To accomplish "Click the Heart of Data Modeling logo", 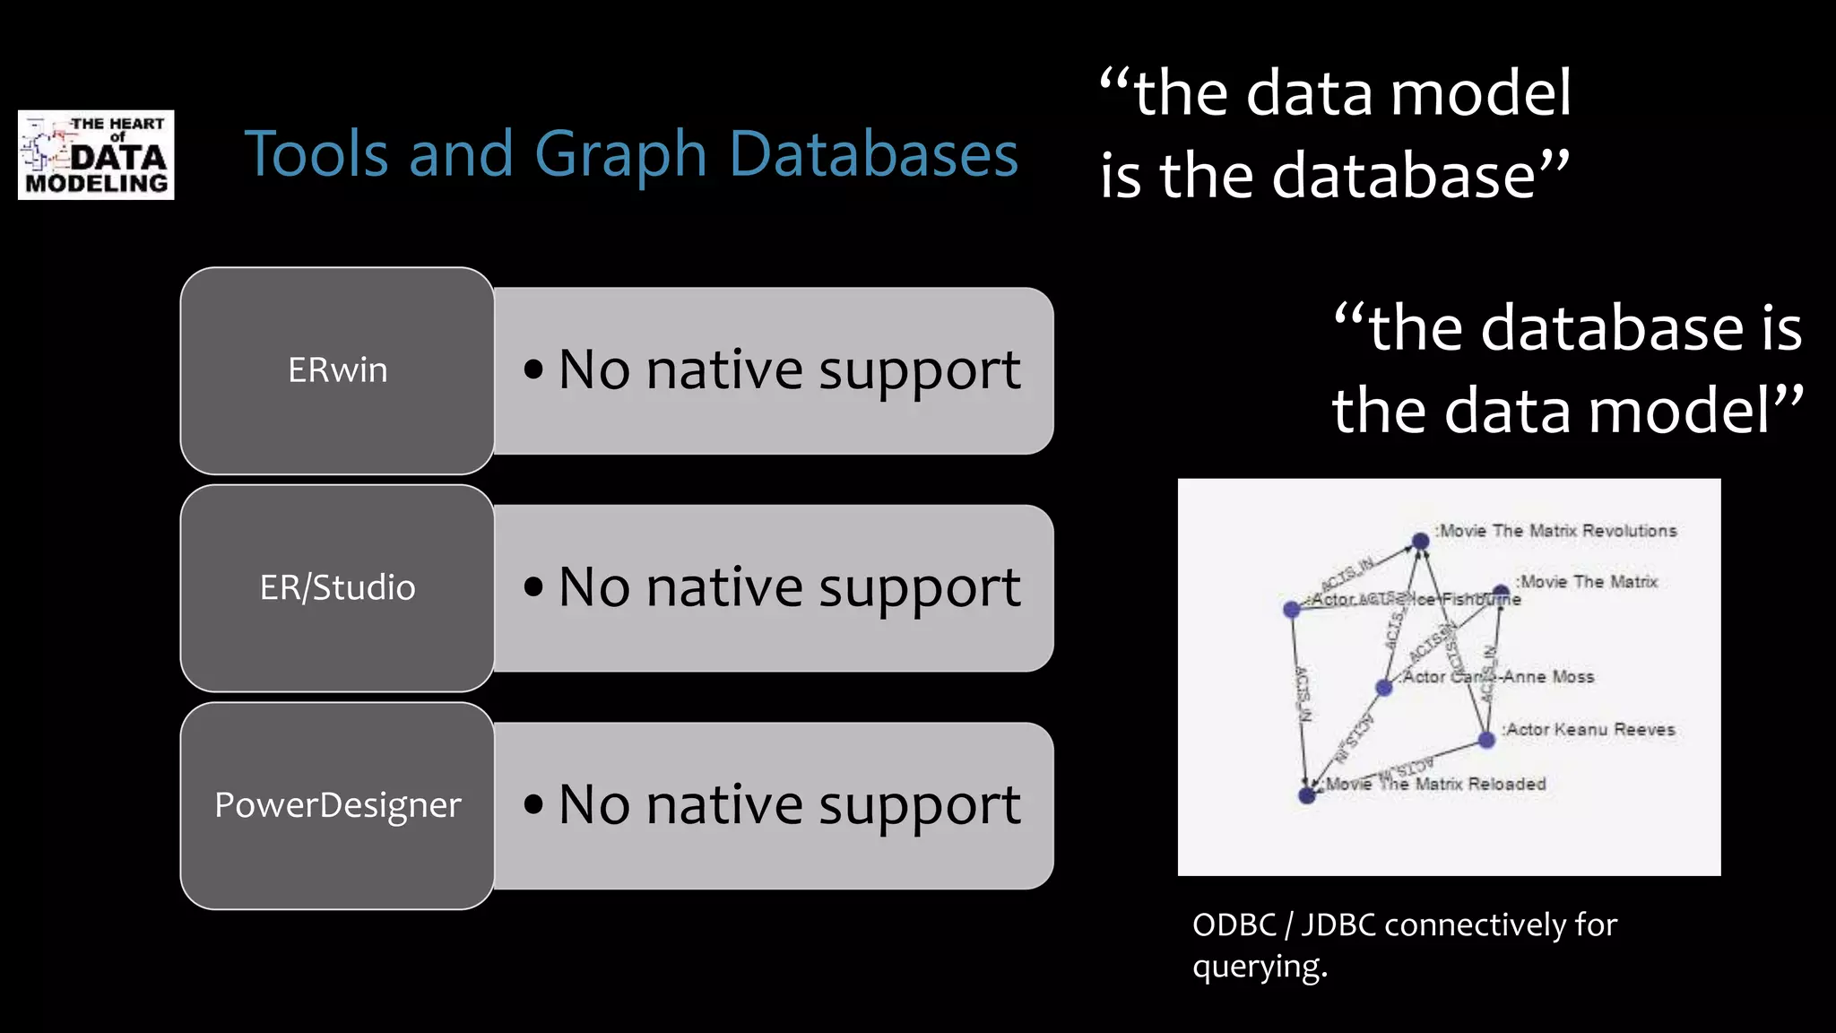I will point(96,155).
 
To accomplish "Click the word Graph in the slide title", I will point(620,154).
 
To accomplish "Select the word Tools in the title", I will point(316,154).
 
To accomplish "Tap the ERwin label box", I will point(337,370).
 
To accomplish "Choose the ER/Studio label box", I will point(337,588).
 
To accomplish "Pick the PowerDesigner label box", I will point(337,805).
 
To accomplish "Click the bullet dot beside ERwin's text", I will point(533,369).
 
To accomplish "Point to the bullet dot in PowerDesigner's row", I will point(533,804).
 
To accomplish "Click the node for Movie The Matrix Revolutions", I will point(1420,541).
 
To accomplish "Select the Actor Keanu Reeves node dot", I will point(1486,740).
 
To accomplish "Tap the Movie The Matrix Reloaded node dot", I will point(1307,795).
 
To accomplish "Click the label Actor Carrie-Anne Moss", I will point(1499,677).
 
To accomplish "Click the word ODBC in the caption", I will point(1234,924).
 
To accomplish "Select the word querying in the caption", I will point(1259,967).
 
